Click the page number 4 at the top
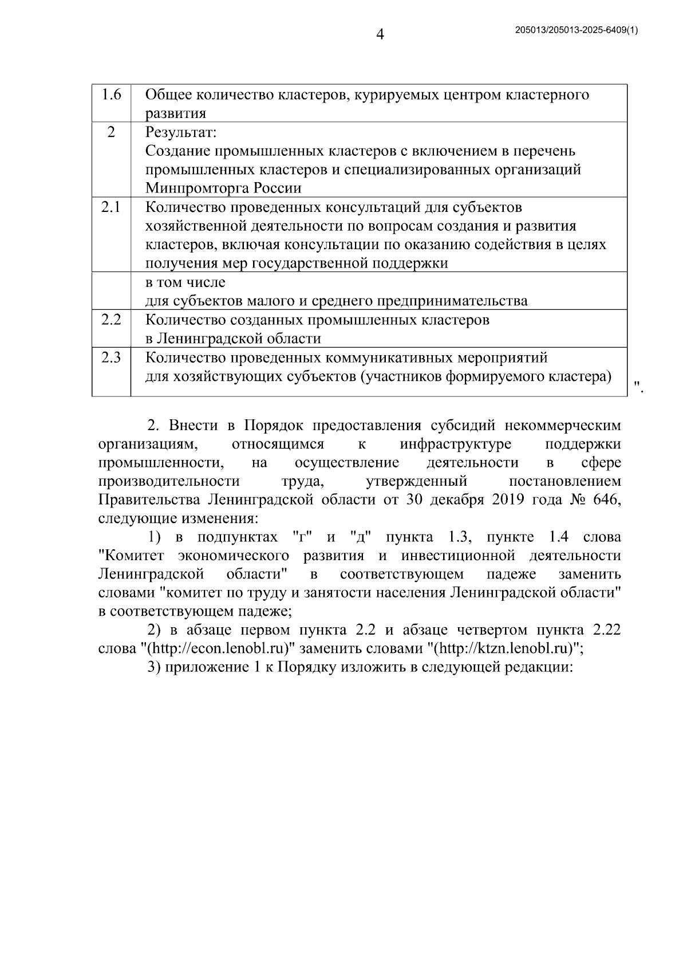point(380,35)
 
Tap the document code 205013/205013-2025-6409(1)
point(577,31)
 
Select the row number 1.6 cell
point(111,95)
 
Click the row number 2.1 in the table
point(111,207)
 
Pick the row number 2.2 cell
point(111,320)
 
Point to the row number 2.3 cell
point(111,358)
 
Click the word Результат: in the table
point(181,133)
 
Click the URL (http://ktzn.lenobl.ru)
point(504,649)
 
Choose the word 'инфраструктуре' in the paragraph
point(456,444)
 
